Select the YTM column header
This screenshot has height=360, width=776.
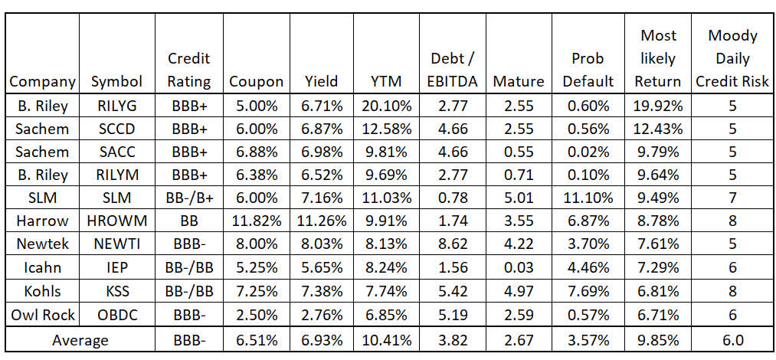coord(385,80)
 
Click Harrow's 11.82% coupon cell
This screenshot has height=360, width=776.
coord(257,221)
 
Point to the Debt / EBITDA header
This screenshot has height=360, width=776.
coord(453,69)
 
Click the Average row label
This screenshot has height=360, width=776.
coord(80,339)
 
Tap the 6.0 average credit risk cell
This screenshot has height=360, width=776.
coord(732,339)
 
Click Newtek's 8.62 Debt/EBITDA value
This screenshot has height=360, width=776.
coord(453,245)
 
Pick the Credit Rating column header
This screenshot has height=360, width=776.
coord(189,69)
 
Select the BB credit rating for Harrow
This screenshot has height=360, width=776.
coord(189,221)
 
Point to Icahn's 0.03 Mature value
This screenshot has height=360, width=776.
coord(519,268)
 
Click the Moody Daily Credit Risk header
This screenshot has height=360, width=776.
coord(732,57)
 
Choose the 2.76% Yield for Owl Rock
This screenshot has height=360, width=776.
coord(321,316)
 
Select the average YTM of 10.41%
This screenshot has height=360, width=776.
coord(385,339)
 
